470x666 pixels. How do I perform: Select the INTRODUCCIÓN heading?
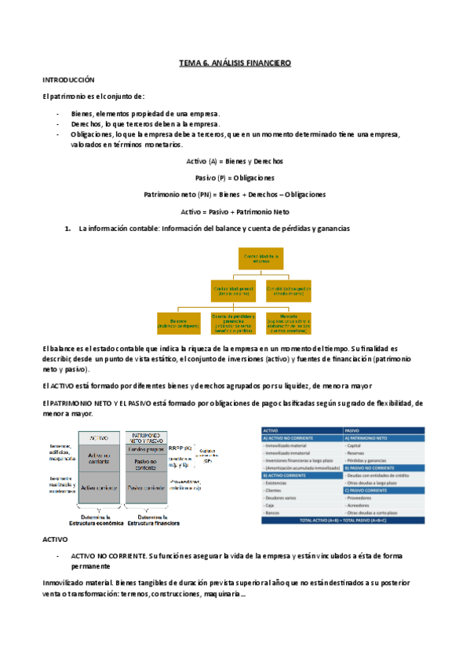[x=68, y=80]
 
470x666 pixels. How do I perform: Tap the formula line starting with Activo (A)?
[x=235, y=161]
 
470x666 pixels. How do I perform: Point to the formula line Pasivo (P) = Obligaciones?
[x=235, y=177]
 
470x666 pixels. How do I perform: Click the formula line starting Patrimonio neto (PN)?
[x=235, y=194]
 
